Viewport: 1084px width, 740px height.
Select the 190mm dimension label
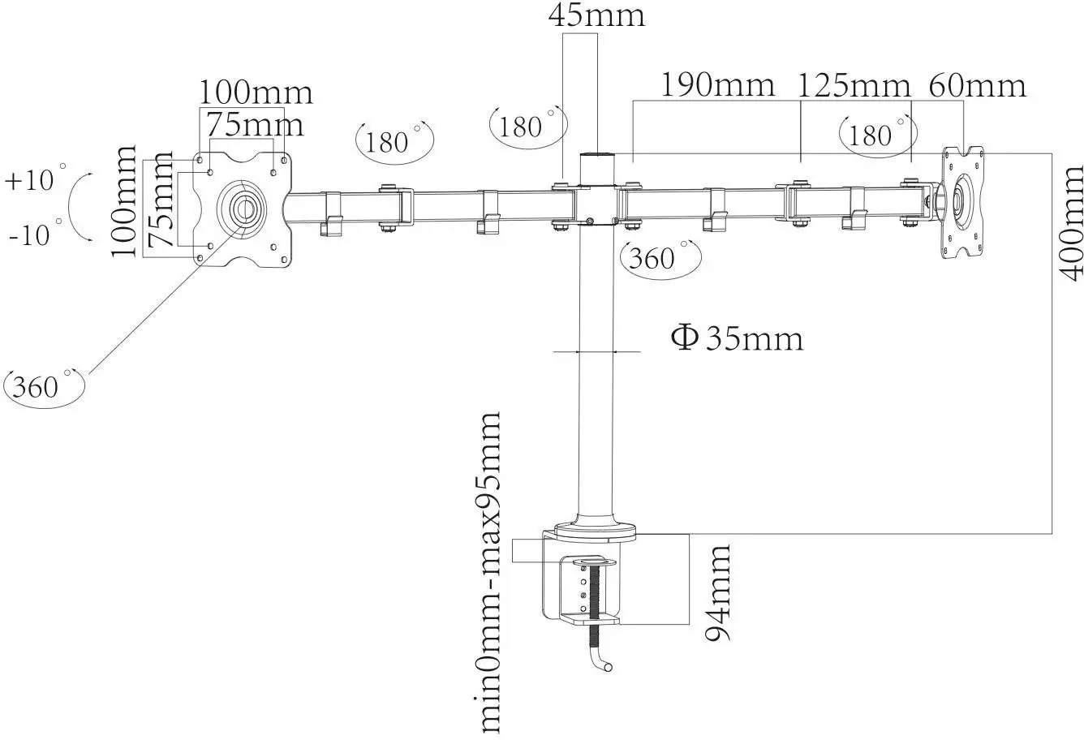click(x=717, y=84)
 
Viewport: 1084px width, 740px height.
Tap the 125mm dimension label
click(x=854, y=84)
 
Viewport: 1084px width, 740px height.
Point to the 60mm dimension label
click(x=977, y=84)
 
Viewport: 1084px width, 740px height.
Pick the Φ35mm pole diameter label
click(x=737, y=338)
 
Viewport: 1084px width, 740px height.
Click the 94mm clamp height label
click(x=717, y=592)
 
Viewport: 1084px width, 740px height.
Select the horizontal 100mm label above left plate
click(x=256, y=92)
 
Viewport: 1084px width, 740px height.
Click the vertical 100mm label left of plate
click(x=124, y=201)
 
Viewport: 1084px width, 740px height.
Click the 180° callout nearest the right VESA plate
click(x=876, y=135)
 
